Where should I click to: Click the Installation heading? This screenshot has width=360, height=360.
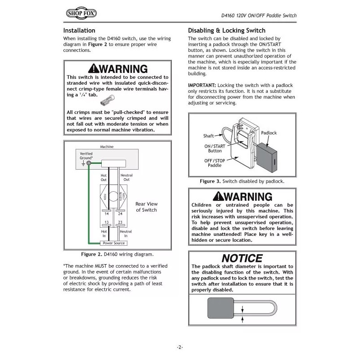tap(79, 31)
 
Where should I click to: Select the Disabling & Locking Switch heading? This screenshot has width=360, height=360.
tap(226, 31)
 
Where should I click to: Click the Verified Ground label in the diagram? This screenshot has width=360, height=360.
tap(86, 156)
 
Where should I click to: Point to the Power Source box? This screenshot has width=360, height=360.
tap(113, 243)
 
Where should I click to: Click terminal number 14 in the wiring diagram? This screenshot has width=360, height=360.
tap(107, 214)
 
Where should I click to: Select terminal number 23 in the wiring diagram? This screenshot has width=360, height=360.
tap(120, 222)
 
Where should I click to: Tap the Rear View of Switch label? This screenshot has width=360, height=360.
tap(146, 207)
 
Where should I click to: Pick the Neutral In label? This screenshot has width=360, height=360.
tap(126, 233)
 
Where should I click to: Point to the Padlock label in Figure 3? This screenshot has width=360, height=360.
tap(269, 133)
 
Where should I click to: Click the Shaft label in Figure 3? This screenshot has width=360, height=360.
tap(208, 135)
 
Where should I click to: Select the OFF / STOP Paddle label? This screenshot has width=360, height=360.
tap(214, 162)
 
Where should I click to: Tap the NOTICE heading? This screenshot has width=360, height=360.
tap(242, 258)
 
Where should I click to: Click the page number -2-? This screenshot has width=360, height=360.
tap(180, 347)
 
